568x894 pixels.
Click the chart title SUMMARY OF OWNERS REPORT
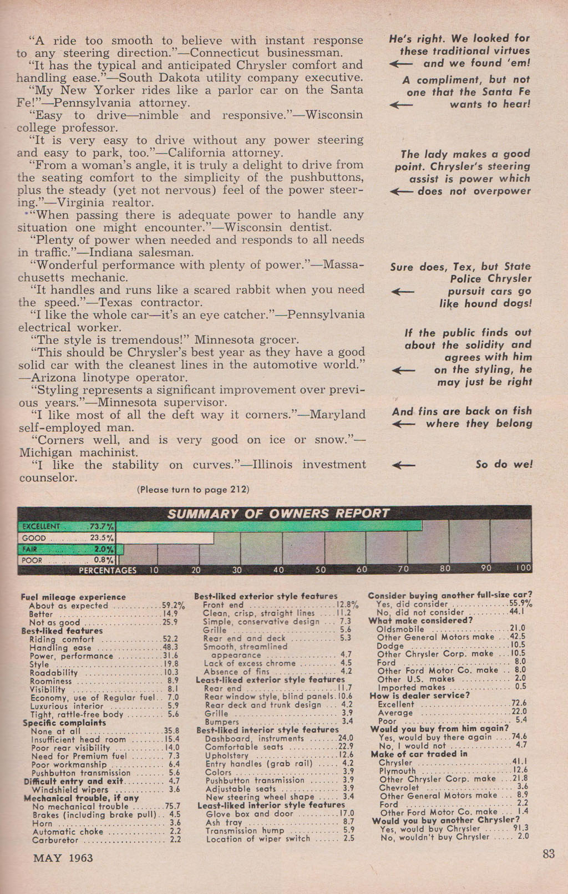point(278,514)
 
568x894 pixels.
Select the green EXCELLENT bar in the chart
point(268,526)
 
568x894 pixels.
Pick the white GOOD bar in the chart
point(165,538)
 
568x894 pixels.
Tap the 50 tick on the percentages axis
point(320,569)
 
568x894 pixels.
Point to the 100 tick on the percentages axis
point(523,568)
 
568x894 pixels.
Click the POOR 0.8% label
point(67,560)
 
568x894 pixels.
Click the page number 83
point(548,854)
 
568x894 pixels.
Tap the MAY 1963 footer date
point(63,858)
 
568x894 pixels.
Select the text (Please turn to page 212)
point(192,490)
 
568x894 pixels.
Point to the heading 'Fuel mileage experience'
point(73,597)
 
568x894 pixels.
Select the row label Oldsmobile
point(400,629)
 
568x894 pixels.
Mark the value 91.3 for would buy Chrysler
point(522,828)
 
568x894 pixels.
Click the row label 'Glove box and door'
point(249,814)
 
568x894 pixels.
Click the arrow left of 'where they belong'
point(403,424)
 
